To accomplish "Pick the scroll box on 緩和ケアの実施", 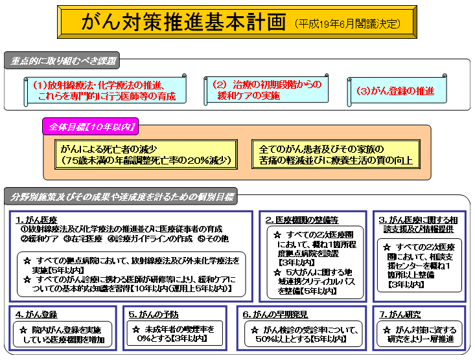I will (266, 91).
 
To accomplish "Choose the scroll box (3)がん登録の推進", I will (395, 91).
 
